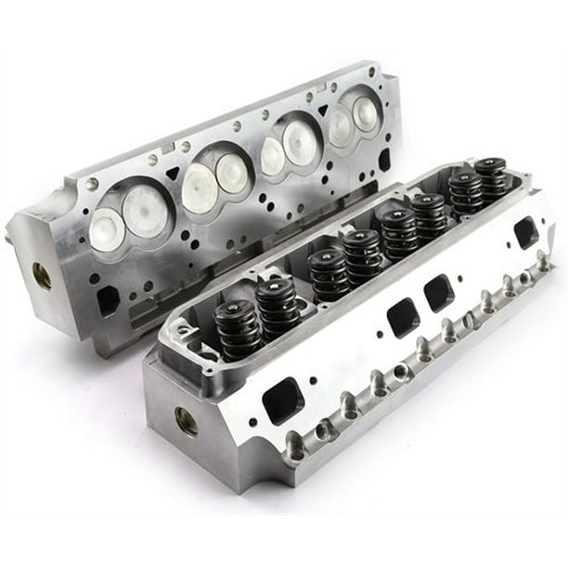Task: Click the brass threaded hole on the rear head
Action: (x=42, y=275)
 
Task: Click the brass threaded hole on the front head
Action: (x=186, y=420)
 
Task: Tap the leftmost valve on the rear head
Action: (x=107, y=228)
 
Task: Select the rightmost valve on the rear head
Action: (x=365, y=112)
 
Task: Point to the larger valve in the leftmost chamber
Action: (x=146, y=211)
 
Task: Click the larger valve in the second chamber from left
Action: (x=199, y=187)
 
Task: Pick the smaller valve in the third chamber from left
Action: (x=272, y=156)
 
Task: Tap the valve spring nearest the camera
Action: (x=238, y=329)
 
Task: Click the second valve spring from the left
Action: (x=278, y=307)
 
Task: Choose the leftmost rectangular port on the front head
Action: (x=282, y=400)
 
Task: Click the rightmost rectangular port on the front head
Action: (x=525, y=232)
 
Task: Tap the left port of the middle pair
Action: (x=403, y=316)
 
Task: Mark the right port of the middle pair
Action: (x=439, y=293)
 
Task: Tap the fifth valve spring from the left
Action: (x=400, y=232)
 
